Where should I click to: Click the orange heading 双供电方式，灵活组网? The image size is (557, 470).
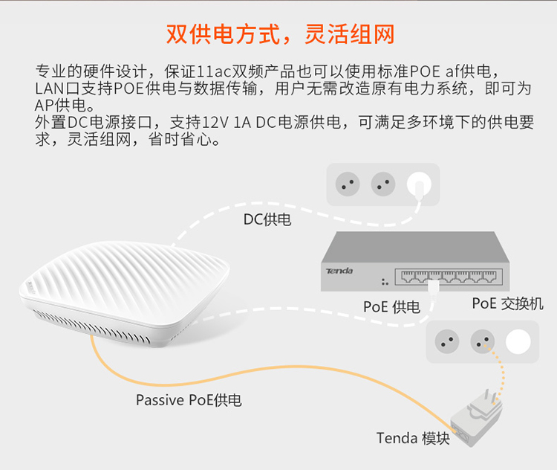(280, 34)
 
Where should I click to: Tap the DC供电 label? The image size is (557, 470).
(267, 219)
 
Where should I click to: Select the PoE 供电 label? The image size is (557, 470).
(391, 306)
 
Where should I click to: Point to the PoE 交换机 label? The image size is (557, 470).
(508, 303)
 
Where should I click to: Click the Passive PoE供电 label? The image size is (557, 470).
(189, 400)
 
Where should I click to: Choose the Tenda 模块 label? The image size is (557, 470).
(413, 438)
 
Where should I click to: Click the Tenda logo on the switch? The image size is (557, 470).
(339, 271)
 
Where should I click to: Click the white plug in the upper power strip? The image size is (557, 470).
(419, 185)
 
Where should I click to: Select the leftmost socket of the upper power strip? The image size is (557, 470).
(348, 184)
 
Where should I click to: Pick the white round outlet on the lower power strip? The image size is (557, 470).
(518, 341)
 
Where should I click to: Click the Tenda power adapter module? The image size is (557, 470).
(476, 420)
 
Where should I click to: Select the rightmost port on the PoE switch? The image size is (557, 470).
(489, 276)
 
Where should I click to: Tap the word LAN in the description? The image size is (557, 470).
(48, 88)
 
